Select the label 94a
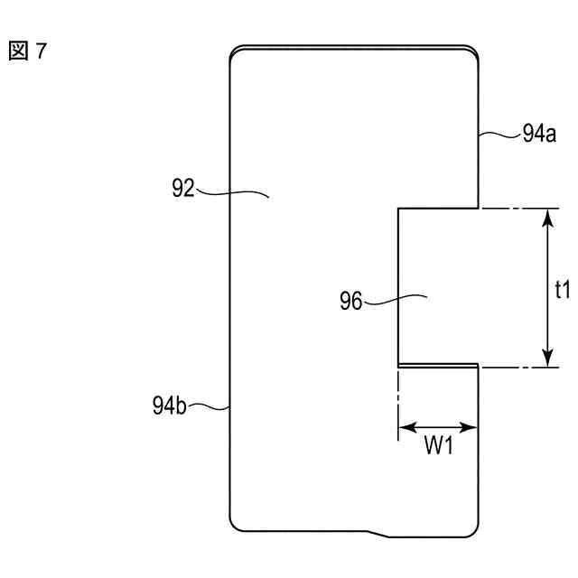point(539,136)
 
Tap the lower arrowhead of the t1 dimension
point(546,361)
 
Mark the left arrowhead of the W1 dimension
point(403,427)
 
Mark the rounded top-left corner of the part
point(237,54)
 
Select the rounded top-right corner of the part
point(472,54)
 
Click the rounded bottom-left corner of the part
point(237,526)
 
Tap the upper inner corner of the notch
point(397,209)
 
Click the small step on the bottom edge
point(378,533)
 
